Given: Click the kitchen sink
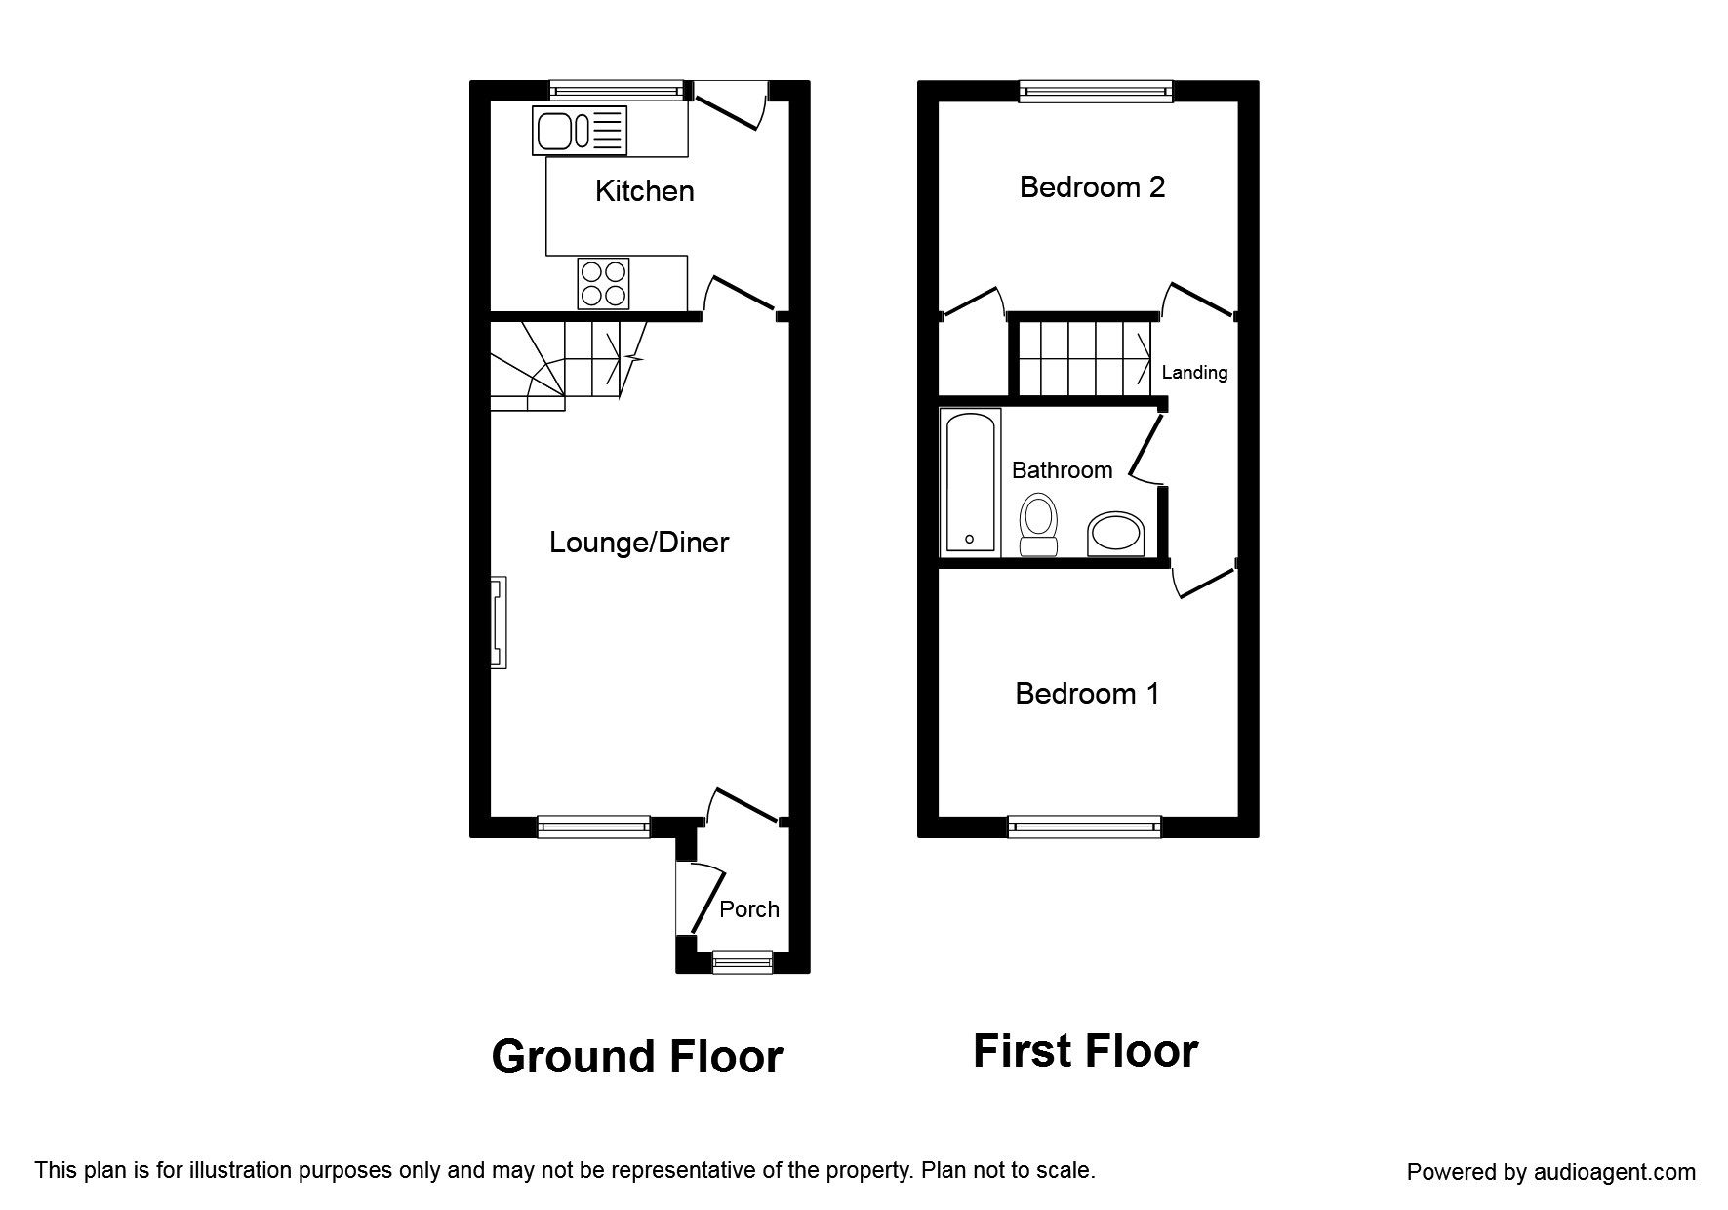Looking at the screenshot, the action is pos(580,131).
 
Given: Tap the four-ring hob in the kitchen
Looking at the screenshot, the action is pos(603,283).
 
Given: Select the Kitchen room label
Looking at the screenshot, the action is pos(645,190).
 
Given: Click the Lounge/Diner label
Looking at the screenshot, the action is pos(639,543).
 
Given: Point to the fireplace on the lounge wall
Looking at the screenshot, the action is pos(499,623).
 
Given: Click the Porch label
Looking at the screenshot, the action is pos(749,909).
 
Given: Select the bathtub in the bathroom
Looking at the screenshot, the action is pos(970,482).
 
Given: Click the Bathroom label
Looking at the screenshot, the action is pos(1063,470).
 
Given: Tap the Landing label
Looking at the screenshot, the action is pos(1194,372).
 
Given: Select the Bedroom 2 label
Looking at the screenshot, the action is pos(1092,186).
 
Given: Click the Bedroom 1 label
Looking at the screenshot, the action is pos(1087,694).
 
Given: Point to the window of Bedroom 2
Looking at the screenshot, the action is pos(1096,91).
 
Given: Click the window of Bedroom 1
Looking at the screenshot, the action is pos(1085,827).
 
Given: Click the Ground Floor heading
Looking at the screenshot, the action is pos(637,1057).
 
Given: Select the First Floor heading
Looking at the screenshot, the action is pos(1086,1051).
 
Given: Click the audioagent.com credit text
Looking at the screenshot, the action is pos(1551,1172).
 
